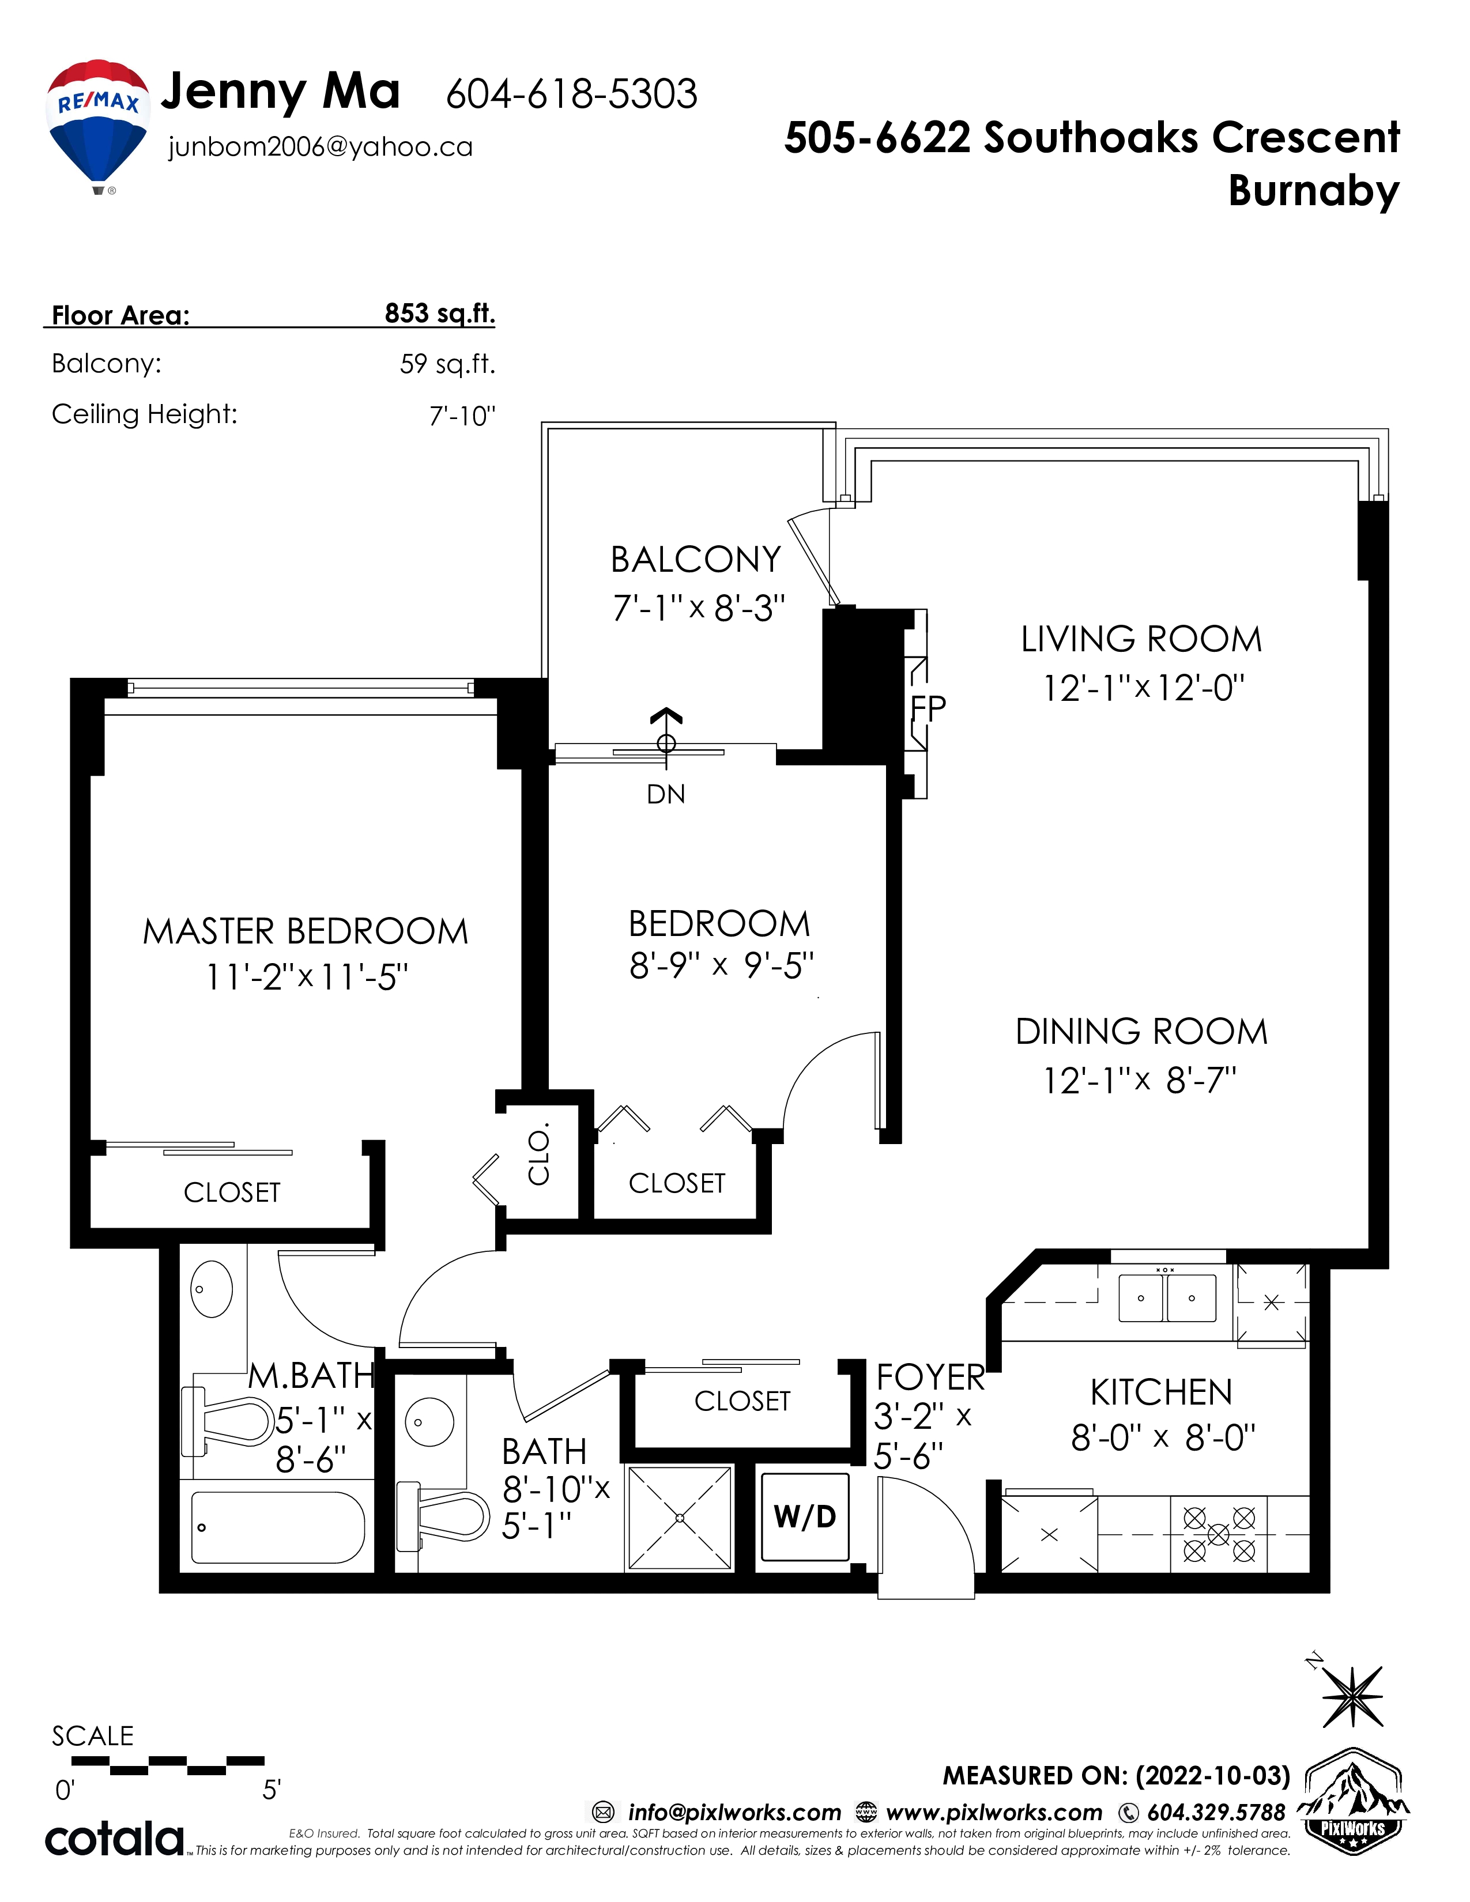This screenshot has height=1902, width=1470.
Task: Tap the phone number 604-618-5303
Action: [x=571, y=94]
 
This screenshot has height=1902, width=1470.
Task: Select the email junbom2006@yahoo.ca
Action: [x=321, y=147]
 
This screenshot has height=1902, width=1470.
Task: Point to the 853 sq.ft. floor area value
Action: [x=440, y=314]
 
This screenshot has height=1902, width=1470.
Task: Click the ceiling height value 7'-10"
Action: [x=462, y=416]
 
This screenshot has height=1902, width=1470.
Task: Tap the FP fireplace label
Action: [x=928, y=708]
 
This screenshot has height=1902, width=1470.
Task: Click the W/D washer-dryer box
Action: [x=805, y=1517]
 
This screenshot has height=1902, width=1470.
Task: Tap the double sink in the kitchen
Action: [x=1167, y=1297]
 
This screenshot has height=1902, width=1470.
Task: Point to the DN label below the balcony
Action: [x=666, y=794]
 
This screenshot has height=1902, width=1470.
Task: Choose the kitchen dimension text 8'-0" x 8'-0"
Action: [x=1163, y=1438]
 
